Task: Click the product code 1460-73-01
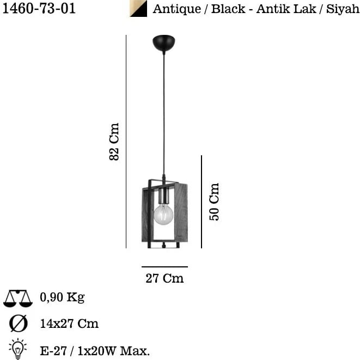coord(39,8)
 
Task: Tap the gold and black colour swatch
coord(138,9)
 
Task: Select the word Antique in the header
coord(176,9)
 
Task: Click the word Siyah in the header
coord(343,9)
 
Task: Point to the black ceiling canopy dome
coord(164,42)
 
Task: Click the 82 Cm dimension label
coord(114,142)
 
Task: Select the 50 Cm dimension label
coord(214,202)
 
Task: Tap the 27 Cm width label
coord(164,278)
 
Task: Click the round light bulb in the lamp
coord(163,215)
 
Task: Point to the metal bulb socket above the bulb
coord(164,196)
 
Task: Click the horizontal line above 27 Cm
coord(164,267)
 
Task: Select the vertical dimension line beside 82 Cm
coord(126,142)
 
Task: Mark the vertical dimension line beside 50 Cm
coord(202,202)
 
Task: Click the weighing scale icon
coord(18,298)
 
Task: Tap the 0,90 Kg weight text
coord(62,297)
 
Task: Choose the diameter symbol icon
coord(19,324)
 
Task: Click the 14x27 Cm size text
coord(69,324)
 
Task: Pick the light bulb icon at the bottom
coord(18,349)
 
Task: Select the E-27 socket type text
coord(54,351)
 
